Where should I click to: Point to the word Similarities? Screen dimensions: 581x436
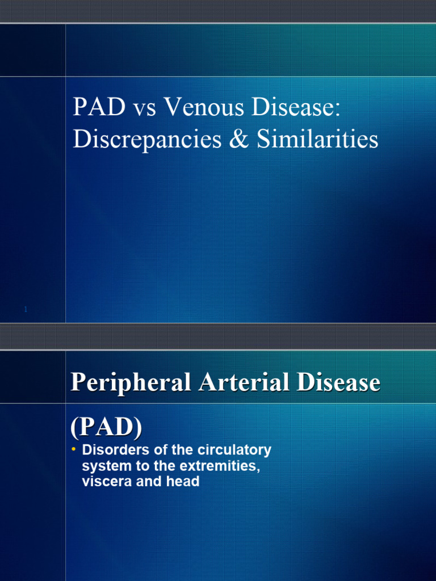tap(317, 139)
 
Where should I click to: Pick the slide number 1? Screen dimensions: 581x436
tap(26, 309)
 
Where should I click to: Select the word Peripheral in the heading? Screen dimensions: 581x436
tap(131, 383)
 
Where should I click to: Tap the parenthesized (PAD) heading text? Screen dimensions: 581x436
tap(106, 426)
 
